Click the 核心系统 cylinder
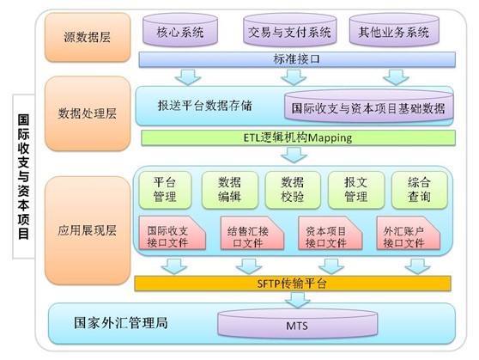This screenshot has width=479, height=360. pyautogui.click(x=180, y=30)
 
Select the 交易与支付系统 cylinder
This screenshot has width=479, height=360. pyautogui.click(x=289, y=30)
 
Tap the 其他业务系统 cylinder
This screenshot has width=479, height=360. pyautogui.click(x=394, y=30)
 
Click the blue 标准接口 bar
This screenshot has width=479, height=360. pyautogui.click(x=297, y=59)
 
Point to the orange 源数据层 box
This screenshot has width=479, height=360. pyautogui.click(x=88, y=37)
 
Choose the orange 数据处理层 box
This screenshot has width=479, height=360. pyautogui.click(x=88, y=113)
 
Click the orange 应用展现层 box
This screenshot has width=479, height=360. pyautogui.click(x=88, y=230)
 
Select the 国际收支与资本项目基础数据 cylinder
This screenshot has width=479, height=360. pyautogui.click(x=368, y=107)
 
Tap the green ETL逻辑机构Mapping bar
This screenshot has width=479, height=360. pyautogui.click(x=298, y=137)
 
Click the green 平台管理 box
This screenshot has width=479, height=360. pyautogui.click(x=165, y=190)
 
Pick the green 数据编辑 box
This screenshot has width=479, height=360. pyautogui.click(x=230, y=190)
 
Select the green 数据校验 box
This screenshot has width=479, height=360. pyautogui.click(x=293, y=190)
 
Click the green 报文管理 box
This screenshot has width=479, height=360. pyautogui.click(x=356, y=190)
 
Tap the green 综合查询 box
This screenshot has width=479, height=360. pyautogui.click(x=420, y=190)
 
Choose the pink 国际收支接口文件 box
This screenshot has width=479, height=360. pyautogui.click(x=173, y=233)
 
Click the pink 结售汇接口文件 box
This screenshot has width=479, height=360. pyautogui.click(x=252, y=233)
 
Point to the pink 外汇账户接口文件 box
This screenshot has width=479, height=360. pyautogui.click(x=408, y=233)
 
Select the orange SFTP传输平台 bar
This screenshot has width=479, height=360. pyautogui.click(x=293, y=284)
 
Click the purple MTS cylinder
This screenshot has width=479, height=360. pyautogui.click(x=297, y=324)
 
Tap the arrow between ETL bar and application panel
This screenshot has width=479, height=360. pyautogui.click(x=294, y=155)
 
